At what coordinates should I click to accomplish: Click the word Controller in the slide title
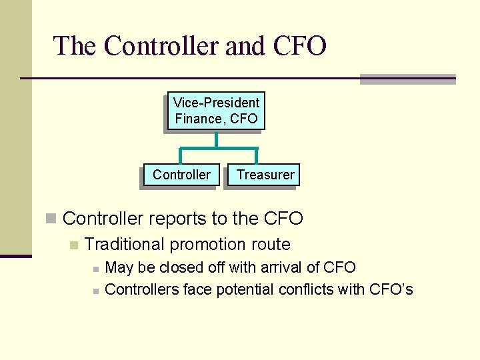coord(161,46)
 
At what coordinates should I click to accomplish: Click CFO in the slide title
coord(299,46)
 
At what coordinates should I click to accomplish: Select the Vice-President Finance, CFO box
coord(216,111)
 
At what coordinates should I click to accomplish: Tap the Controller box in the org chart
coord(181,175)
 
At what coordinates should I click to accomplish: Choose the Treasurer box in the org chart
coord(265,175)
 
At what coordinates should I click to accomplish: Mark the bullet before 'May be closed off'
coord(96,269)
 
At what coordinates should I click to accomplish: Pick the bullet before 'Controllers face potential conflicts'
coord(96,291)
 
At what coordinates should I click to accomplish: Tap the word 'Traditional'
coord(125,244)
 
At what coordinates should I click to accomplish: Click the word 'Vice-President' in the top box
coord(216,103)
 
